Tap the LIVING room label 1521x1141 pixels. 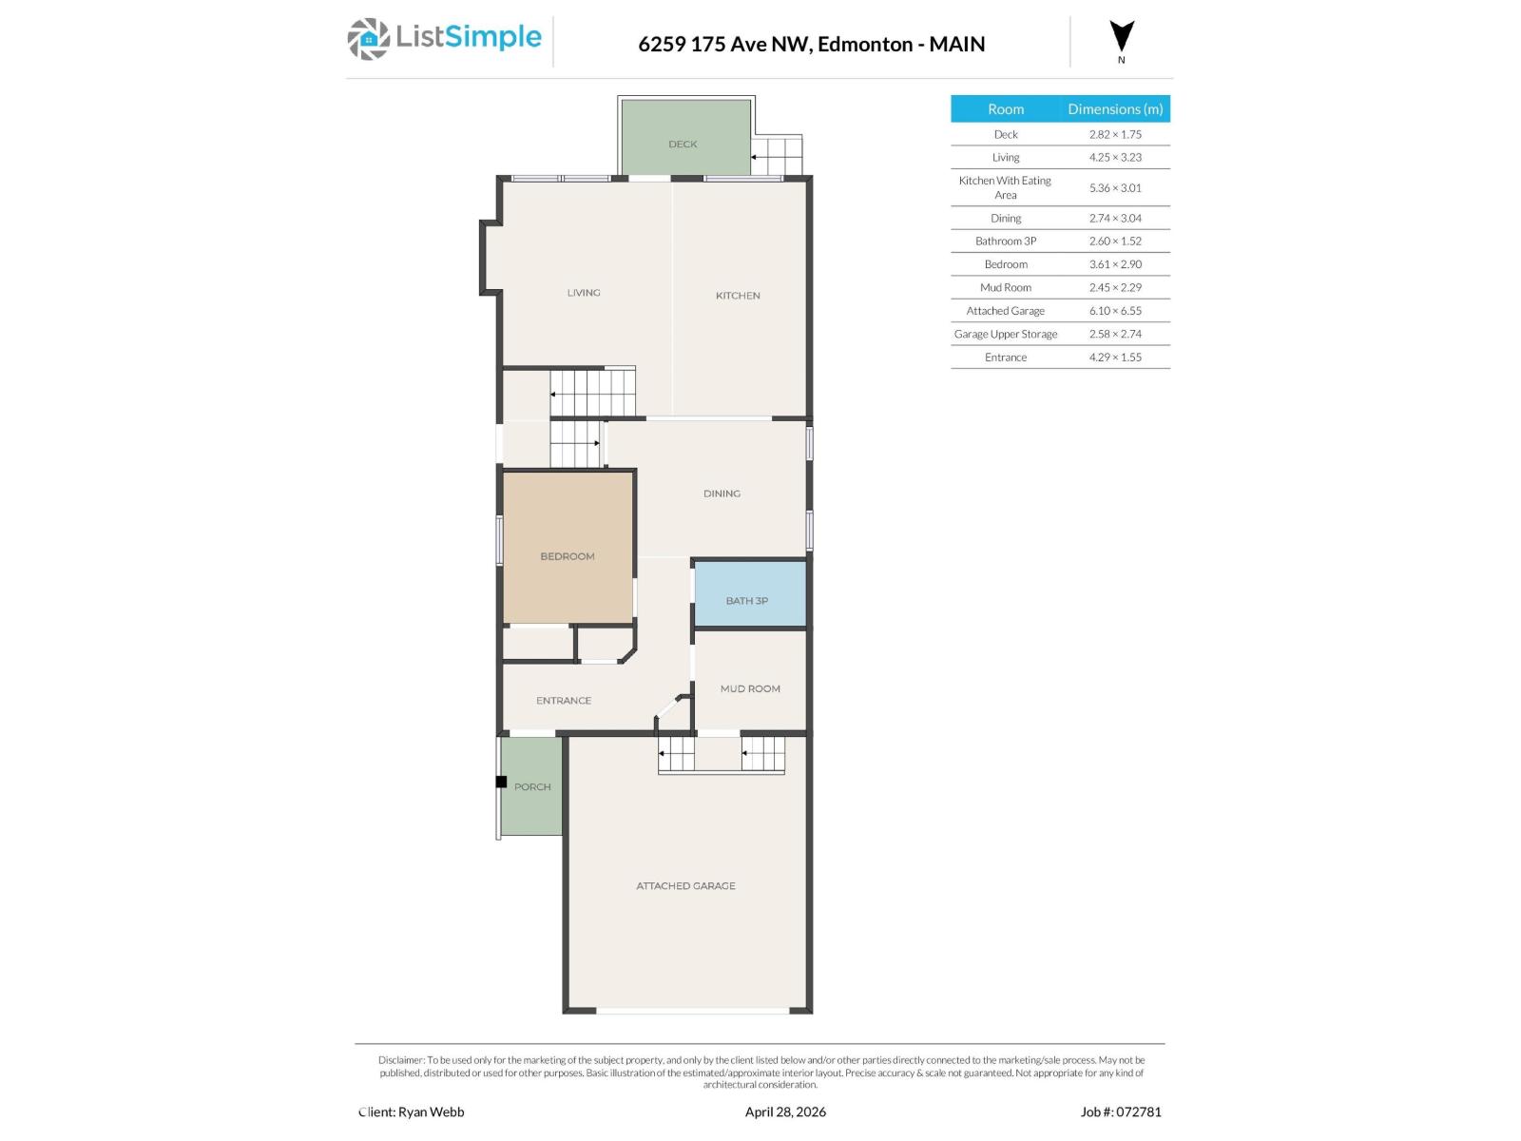tap(584, 293)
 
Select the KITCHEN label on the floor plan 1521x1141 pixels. tap(738, 296)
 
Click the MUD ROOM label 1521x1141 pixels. tap(750, 688)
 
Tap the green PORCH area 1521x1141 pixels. tap(532, 787)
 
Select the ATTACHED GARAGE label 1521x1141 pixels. tap(685, 886)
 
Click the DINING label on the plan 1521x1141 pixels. tap(722, 493)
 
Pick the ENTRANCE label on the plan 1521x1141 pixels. tap(564, 701)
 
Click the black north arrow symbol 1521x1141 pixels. tap(1122, 37)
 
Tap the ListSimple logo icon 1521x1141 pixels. tap(368, 40)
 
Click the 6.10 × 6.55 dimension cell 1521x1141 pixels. tap(1115, 311)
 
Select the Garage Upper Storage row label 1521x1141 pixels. tap(1005, 334)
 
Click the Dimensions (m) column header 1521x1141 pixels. tap(1115, 109)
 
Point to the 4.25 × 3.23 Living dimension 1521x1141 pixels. tap(1115, 158)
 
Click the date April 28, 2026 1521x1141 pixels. tap(785, 1112)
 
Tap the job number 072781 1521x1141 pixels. tap(1138, 1112)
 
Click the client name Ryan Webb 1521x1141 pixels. tap(431, 1112)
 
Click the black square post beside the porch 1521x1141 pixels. tap(501, 783)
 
